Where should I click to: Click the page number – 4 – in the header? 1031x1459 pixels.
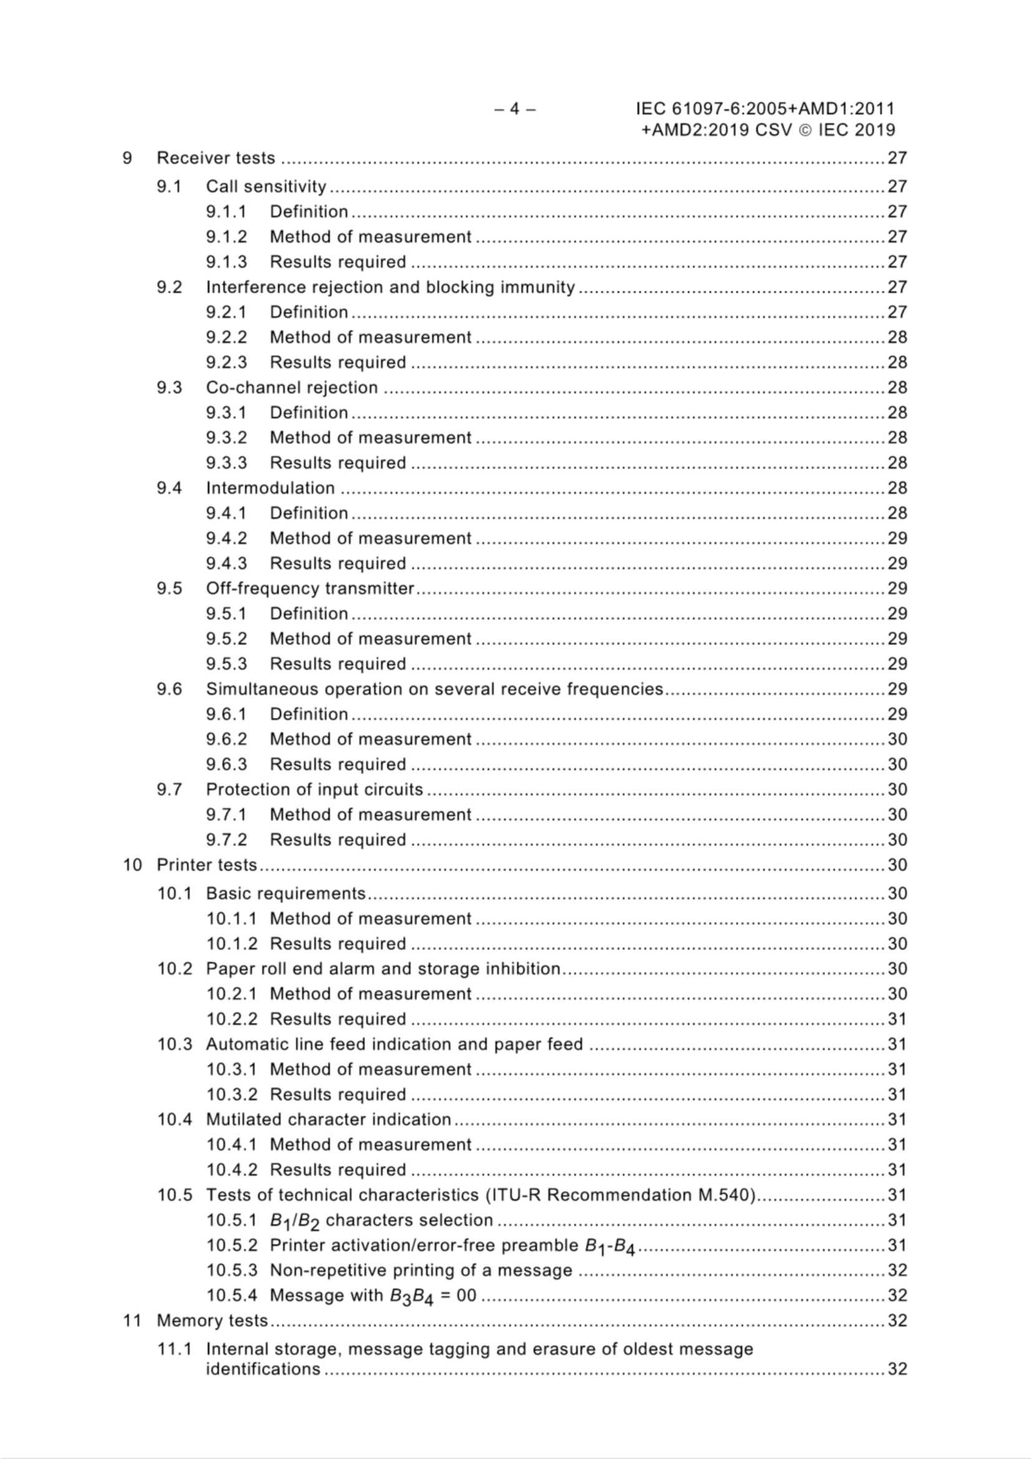(x=515, y=109)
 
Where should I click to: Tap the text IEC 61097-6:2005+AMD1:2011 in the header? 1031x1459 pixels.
(x=765, y=109)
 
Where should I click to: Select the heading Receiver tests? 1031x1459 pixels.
(x=216, y=158)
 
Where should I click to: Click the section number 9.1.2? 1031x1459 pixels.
(x=226, y=237)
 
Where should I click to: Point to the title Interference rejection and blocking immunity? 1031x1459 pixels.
(x=390, y=287)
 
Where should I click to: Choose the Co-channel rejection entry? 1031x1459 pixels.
(x=291, y=388)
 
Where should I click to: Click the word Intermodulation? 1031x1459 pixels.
(x=270, y=488)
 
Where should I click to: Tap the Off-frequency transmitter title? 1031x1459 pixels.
(x=309, y=588)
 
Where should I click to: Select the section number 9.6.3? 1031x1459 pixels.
(x=226, y=764)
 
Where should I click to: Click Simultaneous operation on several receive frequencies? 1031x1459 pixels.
(x=434, y=689)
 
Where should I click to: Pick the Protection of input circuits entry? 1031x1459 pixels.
(x=314, y=789)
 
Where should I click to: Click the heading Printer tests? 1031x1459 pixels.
(x=206, y=865)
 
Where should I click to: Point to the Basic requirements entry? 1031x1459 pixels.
(x=286, y=894)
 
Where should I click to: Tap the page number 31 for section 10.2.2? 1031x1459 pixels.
(x=897, y=1019)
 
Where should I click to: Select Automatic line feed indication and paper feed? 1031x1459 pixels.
(x=394, y=1044)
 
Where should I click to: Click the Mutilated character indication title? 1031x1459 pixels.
(x=329, y=1120)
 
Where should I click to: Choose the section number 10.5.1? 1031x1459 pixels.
(x=231, y=1220)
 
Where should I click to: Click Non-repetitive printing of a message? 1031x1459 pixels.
(x=420, y=1271)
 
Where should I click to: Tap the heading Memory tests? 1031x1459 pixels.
(x=212, y=1320)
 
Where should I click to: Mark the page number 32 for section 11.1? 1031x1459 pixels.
(x=897, y=1369)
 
